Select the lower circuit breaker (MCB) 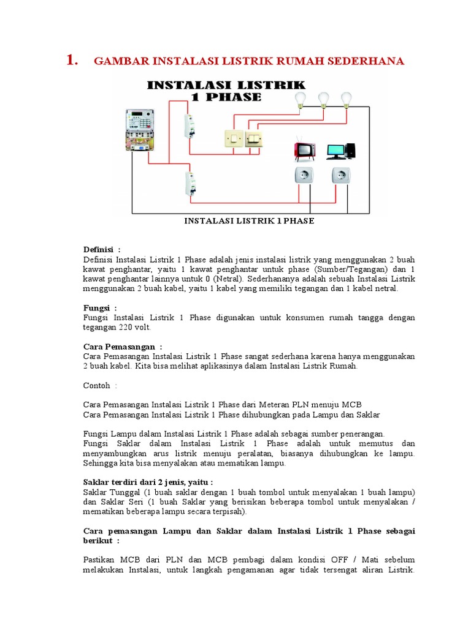click(190, 183)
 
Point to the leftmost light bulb click(301, 100)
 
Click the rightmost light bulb click(347, 99)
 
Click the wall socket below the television click(304, 176)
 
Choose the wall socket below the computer click(341, 176)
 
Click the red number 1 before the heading click(71, 60)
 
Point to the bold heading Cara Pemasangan click(119, 347)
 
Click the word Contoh click(96, 385)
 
